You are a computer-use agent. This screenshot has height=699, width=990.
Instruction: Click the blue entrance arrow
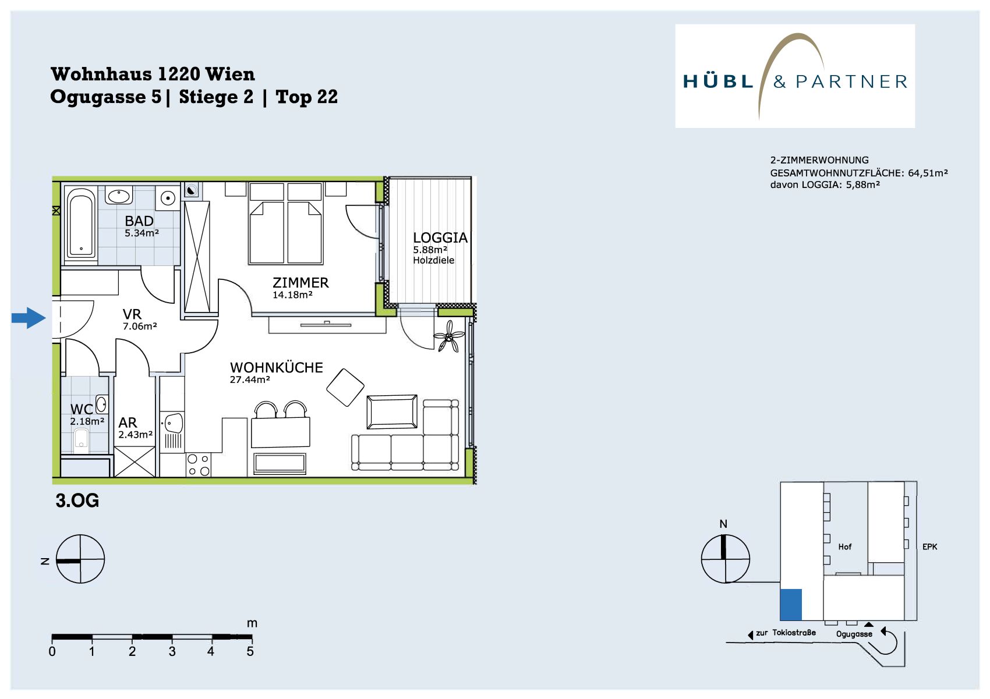pyautogui.click(x=29, y=318)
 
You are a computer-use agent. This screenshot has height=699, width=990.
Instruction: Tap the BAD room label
pyautogui.click(x=139, y=221)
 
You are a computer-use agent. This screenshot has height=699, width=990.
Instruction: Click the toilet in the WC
pyautogui.click(x=82, y=439)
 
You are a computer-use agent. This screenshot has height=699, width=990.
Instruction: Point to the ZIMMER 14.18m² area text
pyautogui.click(x=292, y=295)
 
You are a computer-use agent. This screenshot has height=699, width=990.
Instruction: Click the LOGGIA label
pyautogui.click(x=440, y=237)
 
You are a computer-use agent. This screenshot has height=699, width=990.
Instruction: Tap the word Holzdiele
pyautogui.click(x=434, y=260)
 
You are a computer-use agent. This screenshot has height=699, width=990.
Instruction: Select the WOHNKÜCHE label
pyautogui.click(x=276, y=368)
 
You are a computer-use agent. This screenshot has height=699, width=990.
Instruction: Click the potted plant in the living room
pyautogui.click(x=448, y=336)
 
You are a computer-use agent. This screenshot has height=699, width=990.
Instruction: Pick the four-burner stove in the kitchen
pyautogui.click(x=199, y=465)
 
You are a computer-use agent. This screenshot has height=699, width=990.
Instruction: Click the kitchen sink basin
pyautogui.click(x=174, y=423)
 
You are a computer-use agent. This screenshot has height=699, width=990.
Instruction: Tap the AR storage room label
pyautogui.click(x=128, y=423)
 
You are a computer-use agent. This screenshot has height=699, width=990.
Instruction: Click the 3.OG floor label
pyautogui.click(x=77, y=501)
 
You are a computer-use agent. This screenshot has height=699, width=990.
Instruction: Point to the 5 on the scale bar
pyautogui.click(x=250, y=651)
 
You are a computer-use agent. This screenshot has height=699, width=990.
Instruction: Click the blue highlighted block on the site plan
pyautogui.click(x=791, y=605)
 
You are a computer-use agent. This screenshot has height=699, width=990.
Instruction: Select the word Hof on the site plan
pyautogui.click(x=844, y=547)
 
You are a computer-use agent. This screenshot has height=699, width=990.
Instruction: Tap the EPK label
pyautogui.click(x=929, y=547)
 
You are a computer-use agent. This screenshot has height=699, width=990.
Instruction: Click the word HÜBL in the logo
pyautogui.click(x=717, y=81)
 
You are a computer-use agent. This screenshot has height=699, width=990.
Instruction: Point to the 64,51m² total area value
pyautogui.click(x=928, y=173)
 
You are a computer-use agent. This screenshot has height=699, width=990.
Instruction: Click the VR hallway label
pyautogui.click(x=132, y=314)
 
